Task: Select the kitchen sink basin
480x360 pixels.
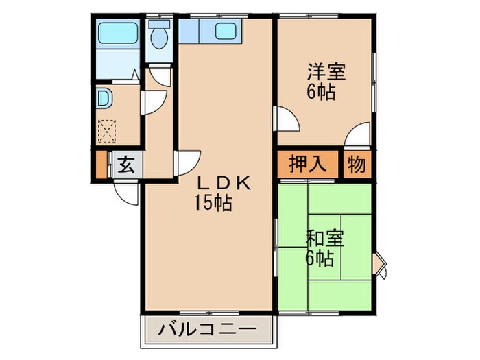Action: tap(226, 32)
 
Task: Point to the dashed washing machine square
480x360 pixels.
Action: tap(108, 130)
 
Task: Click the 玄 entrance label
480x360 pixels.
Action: tap(126, 166)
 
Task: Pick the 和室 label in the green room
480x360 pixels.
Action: tap(324, 239)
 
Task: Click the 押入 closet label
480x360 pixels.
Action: tap(305, 165)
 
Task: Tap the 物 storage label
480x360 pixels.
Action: tap(356, 165)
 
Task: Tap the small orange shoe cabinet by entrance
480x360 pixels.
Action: tap(102, 166)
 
